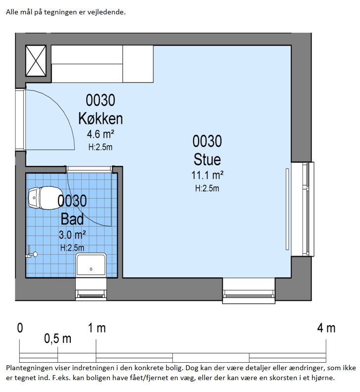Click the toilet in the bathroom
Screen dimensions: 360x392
coord(43,198)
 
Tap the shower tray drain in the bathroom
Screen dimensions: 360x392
coord(91,269)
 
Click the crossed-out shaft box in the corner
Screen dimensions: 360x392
coord(36,61)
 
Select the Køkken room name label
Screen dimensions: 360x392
coord(101,118)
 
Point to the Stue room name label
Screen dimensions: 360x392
coord(207,159)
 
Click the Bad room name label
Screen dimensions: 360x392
coord(72,219)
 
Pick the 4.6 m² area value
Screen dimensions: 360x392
coord(101,134)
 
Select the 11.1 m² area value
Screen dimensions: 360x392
coord(207,175)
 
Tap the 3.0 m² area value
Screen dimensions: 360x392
coord(72,235)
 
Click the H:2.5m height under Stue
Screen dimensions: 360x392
coord(207,188)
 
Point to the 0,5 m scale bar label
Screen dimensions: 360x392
coord(58,339)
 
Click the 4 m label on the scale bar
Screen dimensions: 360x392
coord(326,328)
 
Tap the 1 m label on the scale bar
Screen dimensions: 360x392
coord(97,328)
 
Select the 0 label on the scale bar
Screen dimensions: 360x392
coord(20,328)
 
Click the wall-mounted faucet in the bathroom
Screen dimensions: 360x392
coord(31,253)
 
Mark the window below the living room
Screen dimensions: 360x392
coord(249,291)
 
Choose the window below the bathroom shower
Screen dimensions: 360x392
coord(91,289)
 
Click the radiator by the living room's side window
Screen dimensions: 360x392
coord(287,209)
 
